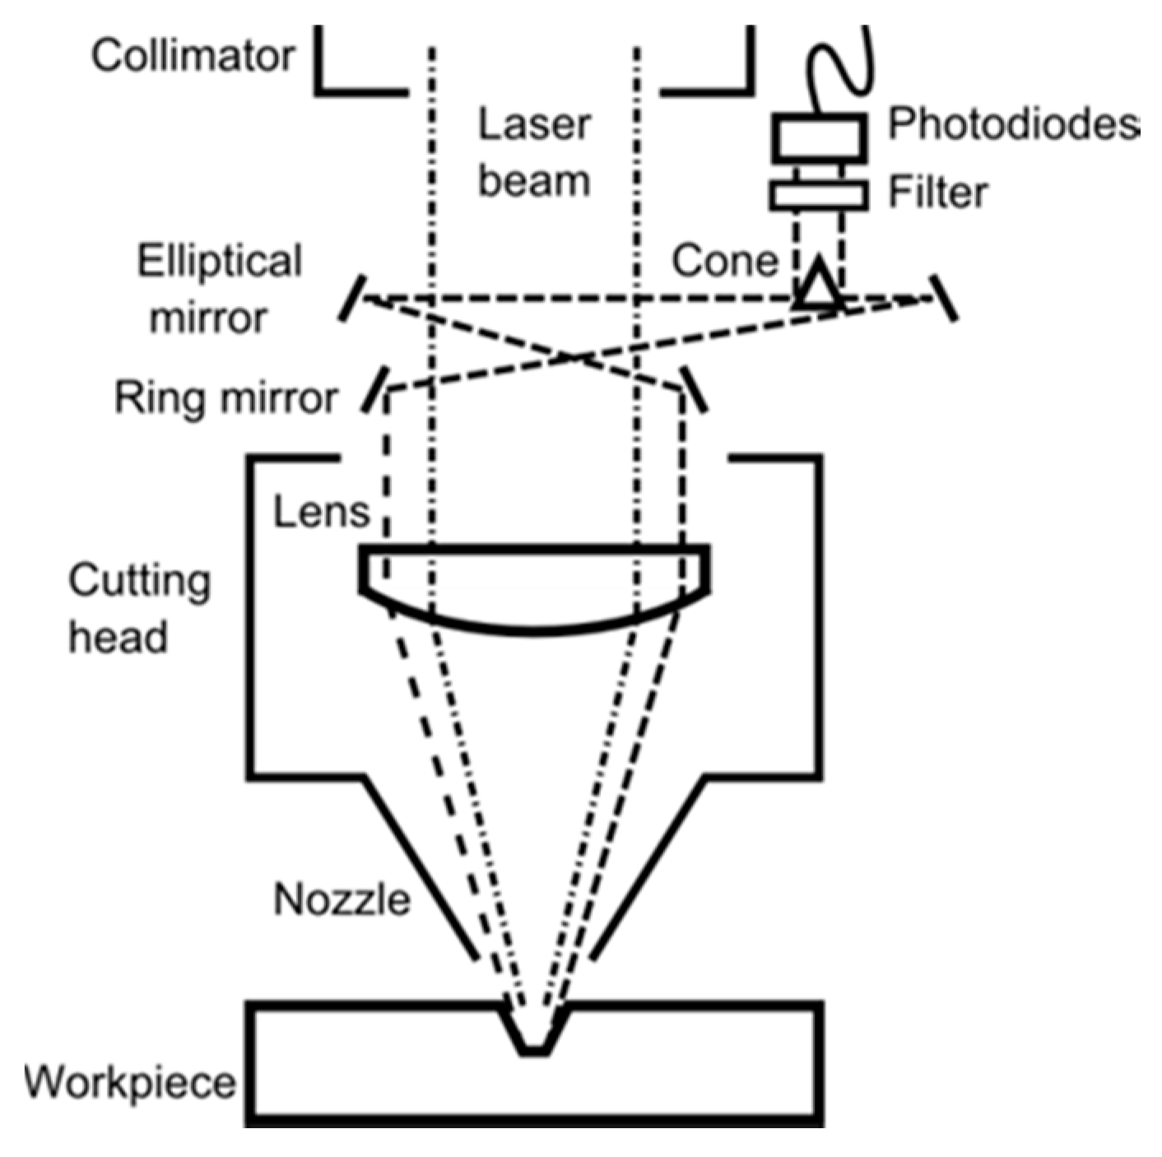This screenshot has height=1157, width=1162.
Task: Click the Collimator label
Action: pyautogui.click(x=193, y=56)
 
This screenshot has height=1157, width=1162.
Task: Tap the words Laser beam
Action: pyautogui.click(x=534, y=153)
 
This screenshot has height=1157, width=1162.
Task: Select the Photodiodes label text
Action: pyautogui.click(x=1013, y=124)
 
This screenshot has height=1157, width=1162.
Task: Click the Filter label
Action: pyautogui.click(x=937, y=193)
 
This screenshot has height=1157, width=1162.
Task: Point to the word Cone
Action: pyautogui.click(x=724, y=261)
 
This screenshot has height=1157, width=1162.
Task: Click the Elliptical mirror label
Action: pyautogui.click(x=219, y=289)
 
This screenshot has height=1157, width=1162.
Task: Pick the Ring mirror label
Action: pyautogui.click(x=225, y=397)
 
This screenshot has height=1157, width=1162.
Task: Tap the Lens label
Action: pyautogui.click(x=321, y=512)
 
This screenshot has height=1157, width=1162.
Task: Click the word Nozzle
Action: pyautogui.click(x=342, y=899)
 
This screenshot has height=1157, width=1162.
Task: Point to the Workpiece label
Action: pyautogui.click(x=129, y=1081)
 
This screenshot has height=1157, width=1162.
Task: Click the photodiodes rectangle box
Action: pyautogui.click(x=819, y=137)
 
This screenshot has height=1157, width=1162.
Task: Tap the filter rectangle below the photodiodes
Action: pyautogui.click(x=819, y=195)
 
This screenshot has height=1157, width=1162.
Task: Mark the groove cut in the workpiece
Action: pyautogui.click(x=535, y=1029)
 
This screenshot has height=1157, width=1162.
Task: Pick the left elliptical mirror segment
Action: pyautogui.click(x=351, y=299)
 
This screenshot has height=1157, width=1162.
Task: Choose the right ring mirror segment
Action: pyautogui.click(x=693, y=388)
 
